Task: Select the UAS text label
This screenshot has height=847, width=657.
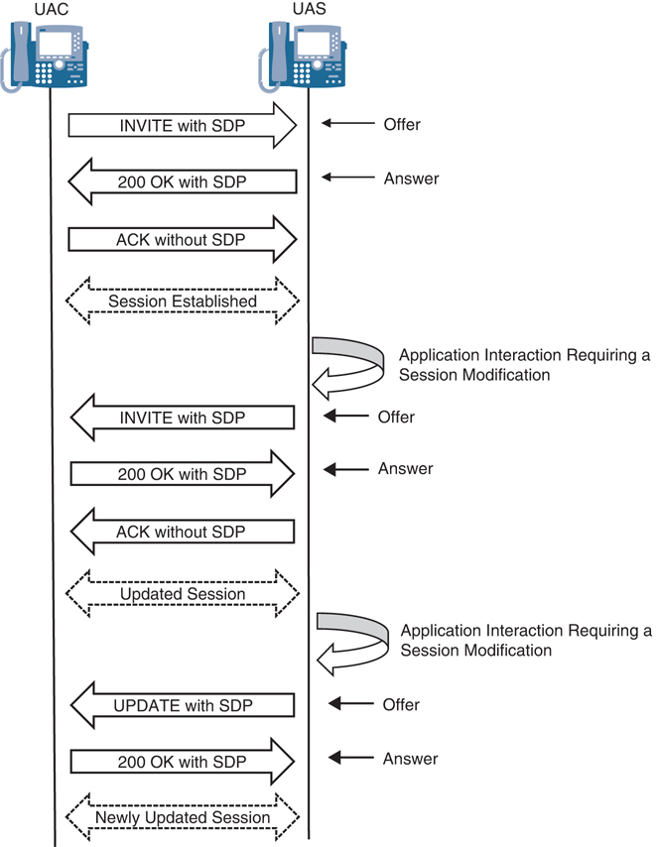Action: click(308, 9)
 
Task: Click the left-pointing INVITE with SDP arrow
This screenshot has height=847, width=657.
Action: click(183, 418)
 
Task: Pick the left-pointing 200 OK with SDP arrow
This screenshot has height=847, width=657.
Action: click(183, 181)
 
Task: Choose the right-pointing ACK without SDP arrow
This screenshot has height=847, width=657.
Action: click(183, 239)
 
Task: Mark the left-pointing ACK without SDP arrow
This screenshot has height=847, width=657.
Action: click(183, 532)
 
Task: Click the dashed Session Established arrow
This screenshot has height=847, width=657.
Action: click(183, 301)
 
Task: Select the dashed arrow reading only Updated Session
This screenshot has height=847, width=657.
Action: click(183, 594)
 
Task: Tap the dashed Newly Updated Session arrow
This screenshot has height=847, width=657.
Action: click(183, 817)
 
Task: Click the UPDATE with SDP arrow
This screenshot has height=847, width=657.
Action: click(183, 705)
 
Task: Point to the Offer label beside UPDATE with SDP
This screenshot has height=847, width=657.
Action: click(401, 704)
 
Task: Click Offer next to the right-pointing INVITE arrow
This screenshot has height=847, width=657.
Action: click(402, 125)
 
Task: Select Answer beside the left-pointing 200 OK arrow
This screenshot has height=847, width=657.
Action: click(411, 179)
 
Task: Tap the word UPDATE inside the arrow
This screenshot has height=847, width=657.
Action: click(146, 705)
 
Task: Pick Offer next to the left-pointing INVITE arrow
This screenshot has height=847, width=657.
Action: click(396, 417)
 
